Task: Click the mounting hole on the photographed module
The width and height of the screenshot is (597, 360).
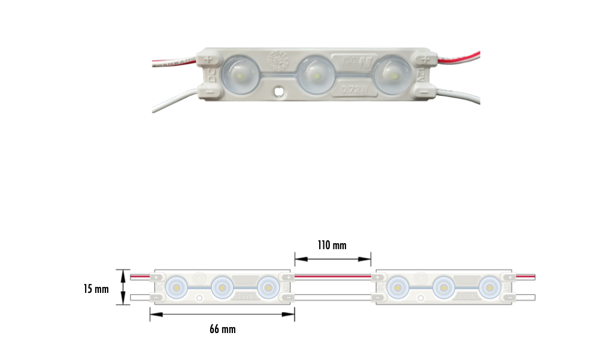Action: [278, 93]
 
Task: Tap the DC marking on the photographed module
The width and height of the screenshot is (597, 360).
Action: [211, 76]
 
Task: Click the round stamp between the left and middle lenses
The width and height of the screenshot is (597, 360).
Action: [278, 60]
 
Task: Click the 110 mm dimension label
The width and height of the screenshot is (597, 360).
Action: [332, 245]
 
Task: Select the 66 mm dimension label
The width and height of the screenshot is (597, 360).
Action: [222, 329]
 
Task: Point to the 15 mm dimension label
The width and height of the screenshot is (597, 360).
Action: [96, 289]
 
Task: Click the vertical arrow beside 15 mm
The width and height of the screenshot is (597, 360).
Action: [124, 287]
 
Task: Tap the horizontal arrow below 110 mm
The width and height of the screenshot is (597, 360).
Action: [333, 259]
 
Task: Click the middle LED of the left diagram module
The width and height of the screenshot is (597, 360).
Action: [222, 287]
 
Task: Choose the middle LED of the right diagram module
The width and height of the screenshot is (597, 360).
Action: [443, 287]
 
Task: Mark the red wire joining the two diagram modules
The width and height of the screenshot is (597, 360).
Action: [333, 277]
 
